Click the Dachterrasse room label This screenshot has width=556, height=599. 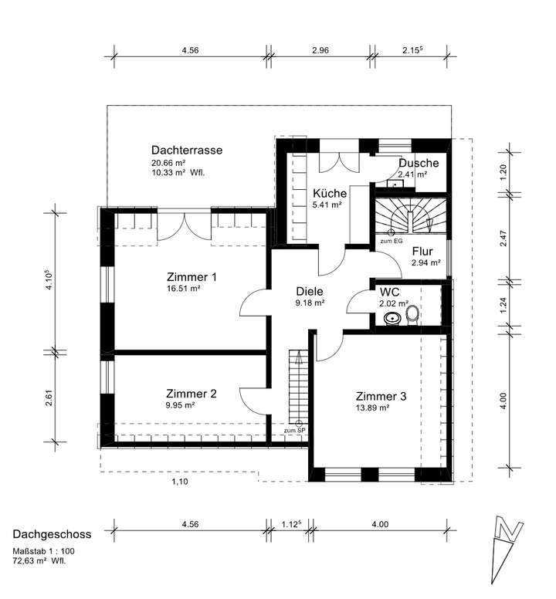[x=187, y=150]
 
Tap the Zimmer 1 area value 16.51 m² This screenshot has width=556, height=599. [x=185, y=289]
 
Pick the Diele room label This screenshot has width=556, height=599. [x=310, y=292]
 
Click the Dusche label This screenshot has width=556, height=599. [x=419, y=163]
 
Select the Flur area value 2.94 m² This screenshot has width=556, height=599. [x=425, y=263]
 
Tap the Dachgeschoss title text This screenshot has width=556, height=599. [x=52, y=534]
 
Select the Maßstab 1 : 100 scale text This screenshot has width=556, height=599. [x=43, y=551]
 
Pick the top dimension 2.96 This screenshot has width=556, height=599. [x=320, y=50]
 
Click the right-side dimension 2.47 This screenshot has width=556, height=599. [x=503, y=239]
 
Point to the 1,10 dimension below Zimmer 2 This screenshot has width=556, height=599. [x=179, y=482]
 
